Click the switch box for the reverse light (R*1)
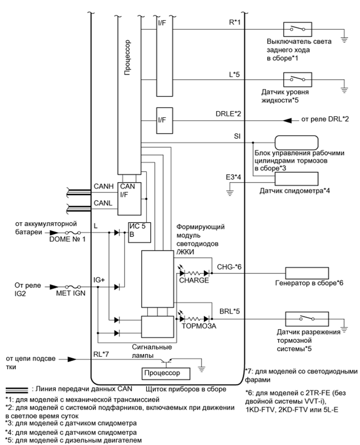pos(297,30)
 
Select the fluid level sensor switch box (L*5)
pos(297,79)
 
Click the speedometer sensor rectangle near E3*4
pos(289,177)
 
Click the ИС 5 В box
pos(139,231)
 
